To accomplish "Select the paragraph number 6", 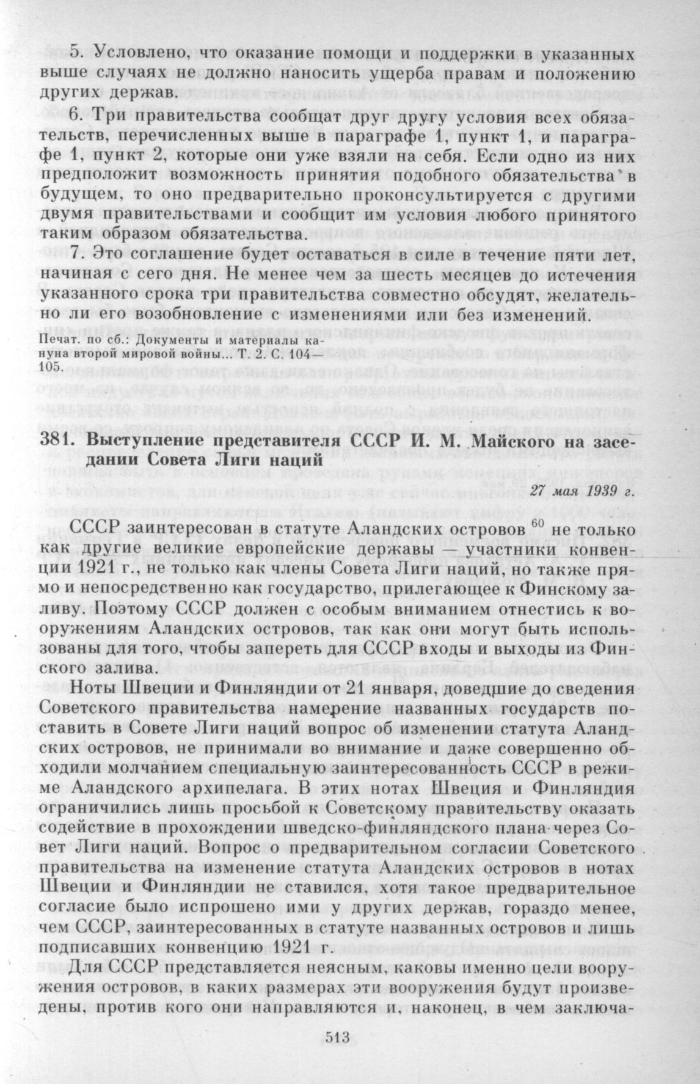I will pos(75,117).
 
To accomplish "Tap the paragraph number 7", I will pos(75,252).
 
